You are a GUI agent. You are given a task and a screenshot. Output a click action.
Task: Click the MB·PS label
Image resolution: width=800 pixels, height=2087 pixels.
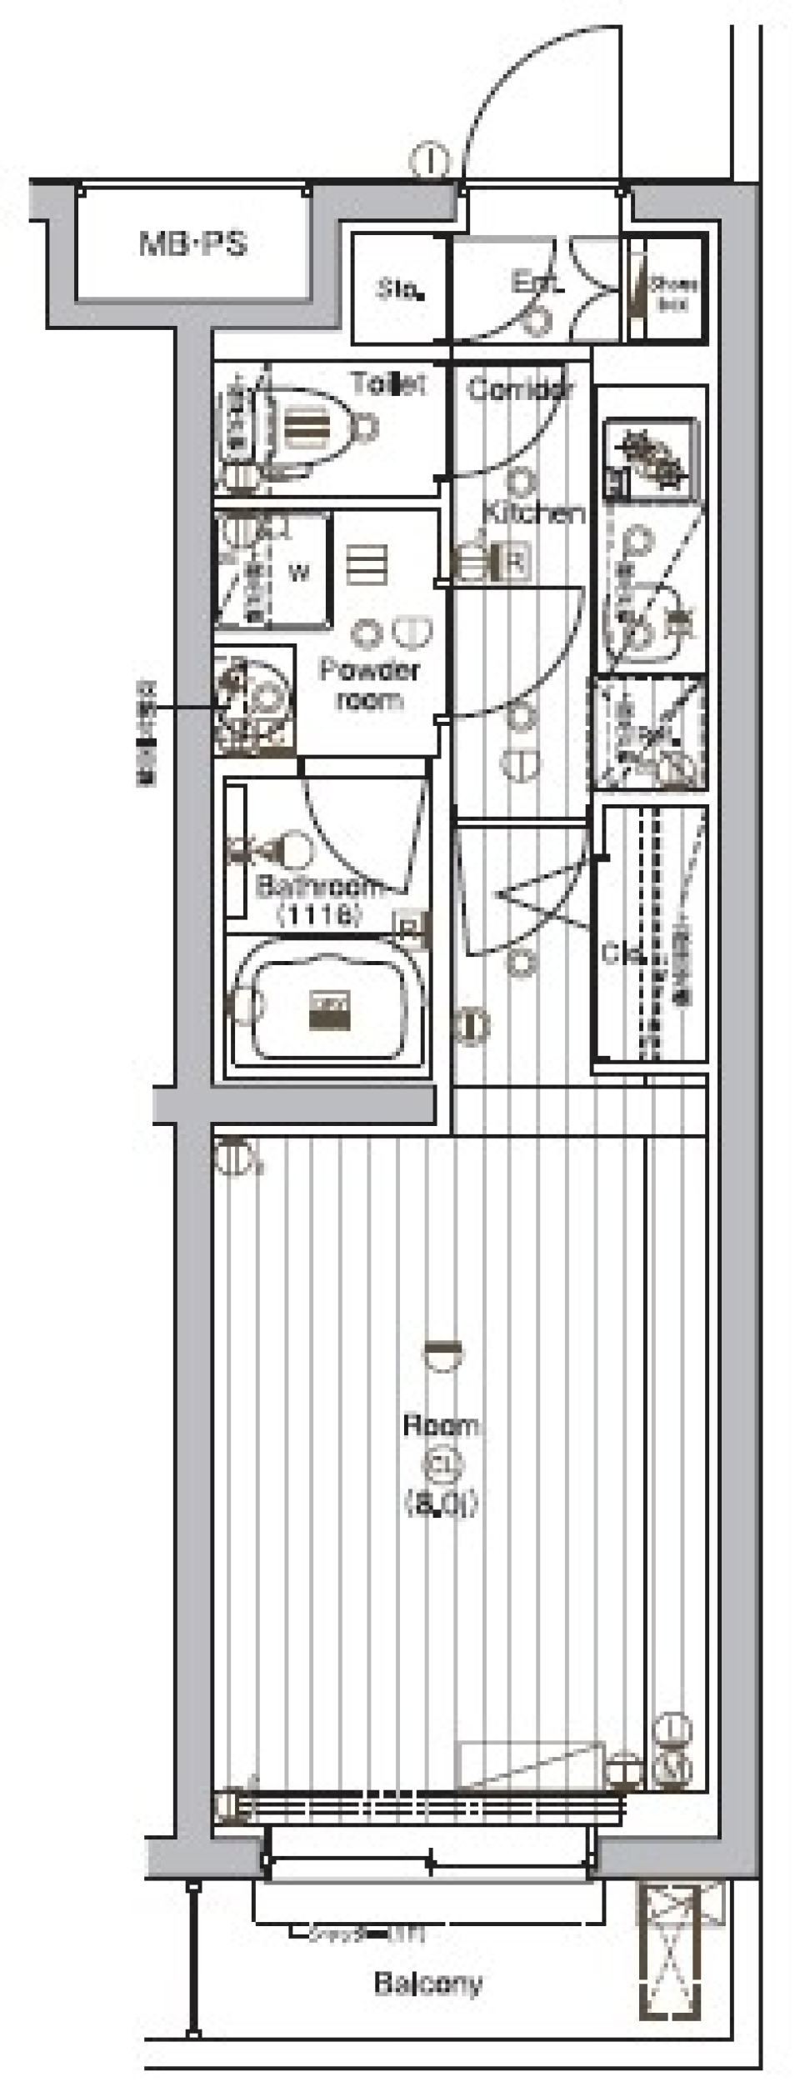pyautogui.click(x=192, y=244)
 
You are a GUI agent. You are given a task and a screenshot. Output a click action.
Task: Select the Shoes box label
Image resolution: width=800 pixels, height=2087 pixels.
pyautogui.click(x=673, y=294)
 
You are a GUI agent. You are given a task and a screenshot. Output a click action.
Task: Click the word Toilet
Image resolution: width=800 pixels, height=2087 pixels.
pyautogui.click(x=388, y=384)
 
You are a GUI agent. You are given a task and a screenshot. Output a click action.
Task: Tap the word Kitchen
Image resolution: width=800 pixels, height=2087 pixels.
pyautogui.click(x=534, y=513)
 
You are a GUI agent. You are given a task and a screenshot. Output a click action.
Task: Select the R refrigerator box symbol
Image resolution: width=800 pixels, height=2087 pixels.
pyautogui.click(x=514, y=563)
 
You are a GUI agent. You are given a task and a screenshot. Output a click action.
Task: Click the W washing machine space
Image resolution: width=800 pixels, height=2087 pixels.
pyautogui.click(x=298, y=572)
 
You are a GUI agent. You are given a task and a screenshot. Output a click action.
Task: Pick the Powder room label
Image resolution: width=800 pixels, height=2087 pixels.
pyautogui.click(x=369, y=683)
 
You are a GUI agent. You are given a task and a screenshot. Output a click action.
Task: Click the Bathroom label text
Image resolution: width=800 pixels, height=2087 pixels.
pyautogui.click(x=320, y=886)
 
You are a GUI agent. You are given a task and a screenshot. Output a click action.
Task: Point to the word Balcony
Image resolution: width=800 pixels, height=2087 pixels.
pyautogui.click(x=427, y=1983)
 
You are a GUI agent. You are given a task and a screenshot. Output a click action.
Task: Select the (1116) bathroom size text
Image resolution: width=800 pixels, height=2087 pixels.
pyautogui.click(x=320, y=916)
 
